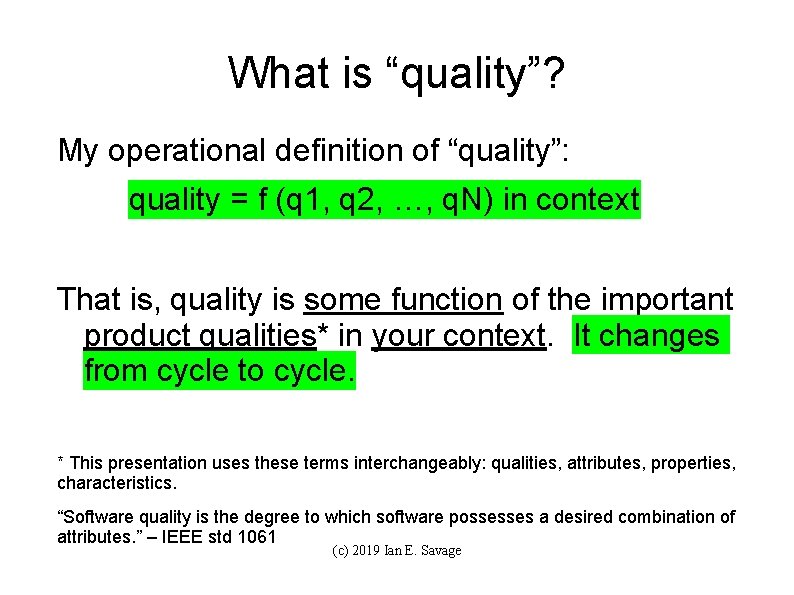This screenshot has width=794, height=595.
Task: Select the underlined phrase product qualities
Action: tap(201, 335)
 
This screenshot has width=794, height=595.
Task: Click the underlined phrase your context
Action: tap(459, 335)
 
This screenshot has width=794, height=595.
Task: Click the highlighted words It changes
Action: tap(647, 335)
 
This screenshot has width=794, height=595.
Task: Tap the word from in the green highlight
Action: tap(115, 371)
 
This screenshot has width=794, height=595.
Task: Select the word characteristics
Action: tap(117, 483)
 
